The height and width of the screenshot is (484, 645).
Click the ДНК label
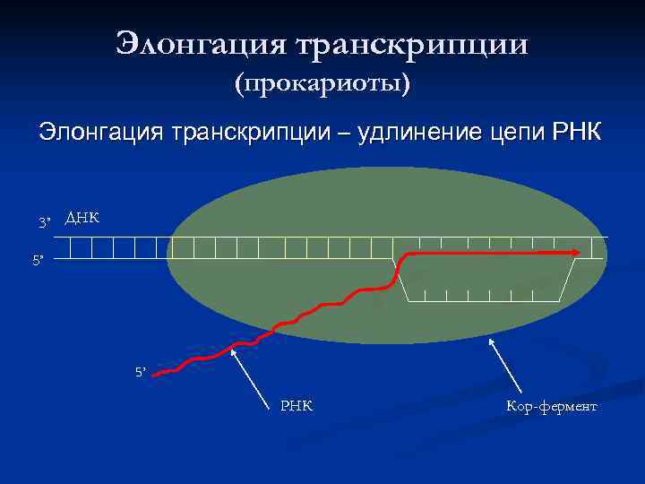coord(82,218)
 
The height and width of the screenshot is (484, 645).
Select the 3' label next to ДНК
coord(46,221)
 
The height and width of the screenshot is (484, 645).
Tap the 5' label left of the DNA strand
coord(37,260)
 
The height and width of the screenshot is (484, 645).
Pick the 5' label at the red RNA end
coord(141,370)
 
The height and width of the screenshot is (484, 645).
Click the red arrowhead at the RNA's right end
coord(576,254)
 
